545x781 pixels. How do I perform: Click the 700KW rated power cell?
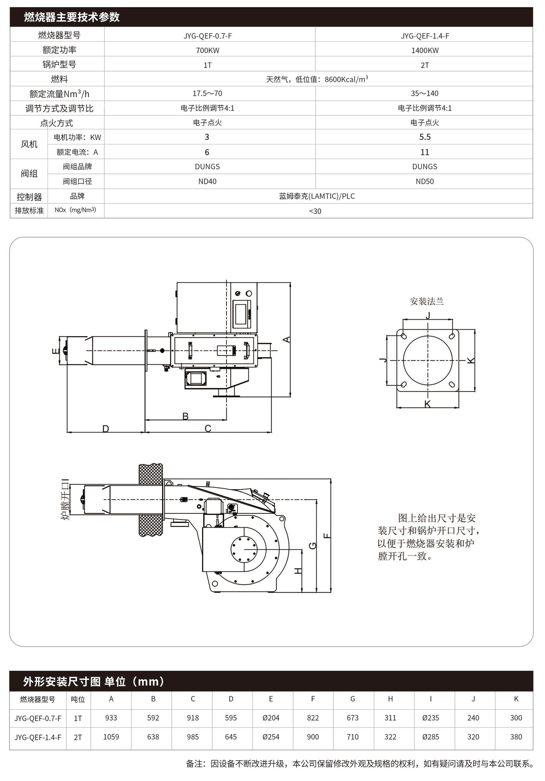coord(207,50)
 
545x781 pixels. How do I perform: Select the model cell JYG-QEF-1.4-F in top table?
coord(425,36)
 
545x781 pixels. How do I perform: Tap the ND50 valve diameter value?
coord(425,181)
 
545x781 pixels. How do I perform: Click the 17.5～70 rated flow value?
coord(207,93)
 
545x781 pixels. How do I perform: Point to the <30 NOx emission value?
coord(315,211)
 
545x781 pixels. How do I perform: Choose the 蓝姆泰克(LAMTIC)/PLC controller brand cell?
coord(317,196)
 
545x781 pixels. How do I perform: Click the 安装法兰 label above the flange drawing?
coord(426,301)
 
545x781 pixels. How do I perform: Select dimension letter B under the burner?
coord(185,416)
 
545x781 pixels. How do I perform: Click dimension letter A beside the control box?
coord(287,340)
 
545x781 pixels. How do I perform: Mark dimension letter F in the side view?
coord(327,536)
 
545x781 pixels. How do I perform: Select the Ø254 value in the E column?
coord(271,737)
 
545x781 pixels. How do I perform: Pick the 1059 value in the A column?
coord(111,737)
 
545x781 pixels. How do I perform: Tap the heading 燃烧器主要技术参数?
coord(72,17)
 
